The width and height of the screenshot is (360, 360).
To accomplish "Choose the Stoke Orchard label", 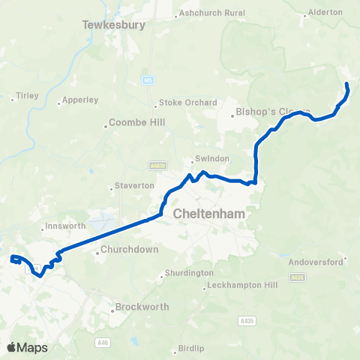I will (188, 103).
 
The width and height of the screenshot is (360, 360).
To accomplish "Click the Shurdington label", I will (188, 274).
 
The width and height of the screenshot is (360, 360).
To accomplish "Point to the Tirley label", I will (26, 96).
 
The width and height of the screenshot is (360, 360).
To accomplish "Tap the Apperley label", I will (80, 99).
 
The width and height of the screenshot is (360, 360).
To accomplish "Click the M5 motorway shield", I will (149, 79).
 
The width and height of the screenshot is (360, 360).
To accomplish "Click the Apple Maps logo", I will (27, 347).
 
